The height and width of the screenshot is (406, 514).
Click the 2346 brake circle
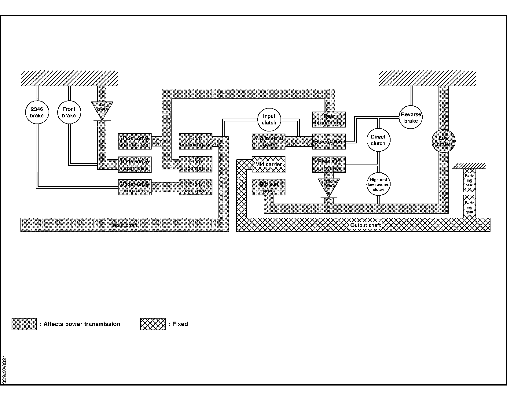pyautogui.click(x=37, y=112)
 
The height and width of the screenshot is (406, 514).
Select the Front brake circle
pyautogui.click(x=69, y=112)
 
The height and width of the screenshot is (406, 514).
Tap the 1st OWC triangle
pyautogui.click(x=102, y=109)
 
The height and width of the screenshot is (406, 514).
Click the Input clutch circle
pyautogui.click(x=269, y=119)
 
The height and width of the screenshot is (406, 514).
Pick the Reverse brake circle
pyautogui.click(x=411, y=117)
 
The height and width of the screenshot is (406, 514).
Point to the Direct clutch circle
pyautogui.click(x=378, y=140)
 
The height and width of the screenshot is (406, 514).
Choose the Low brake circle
pyautogui.click(x=443, y=141)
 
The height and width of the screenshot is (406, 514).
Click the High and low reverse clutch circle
pyautogui.click(x=378, y=184)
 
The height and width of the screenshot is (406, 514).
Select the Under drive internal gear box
pyautogui.click(x=135, y=142)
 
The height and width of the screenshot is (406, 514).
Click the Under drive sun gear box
pyautogui.click(x=135, y=187)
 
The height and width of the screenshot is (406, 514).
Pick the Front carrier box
pyautogui.click(x=196, y=164)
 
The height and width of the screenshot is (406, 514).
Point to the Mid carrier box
pyautogui.click(x=269, y=164)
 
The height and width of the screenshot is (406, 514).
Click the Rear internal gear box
pyautogui.click(x=329, y=120)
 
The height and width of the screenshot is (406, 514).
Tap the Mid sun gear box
pyautogui.click(x=269, y=187)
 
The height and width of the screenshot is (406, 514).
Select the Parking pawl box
pyautogui.click(x=469, y=180)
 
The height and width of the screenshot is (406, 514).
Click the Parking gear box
pyautogui.click(x=469, y=207)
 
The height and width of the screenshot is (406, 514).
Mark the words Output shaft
pyautogui.click(x=365, y=225)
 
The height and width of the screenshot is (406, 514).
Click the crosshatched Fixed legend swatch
pyautogui.click(x=153, y=324)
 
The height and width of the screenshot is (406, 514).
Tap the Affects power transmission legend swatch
pyautogui.click(x=24, y=324)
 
